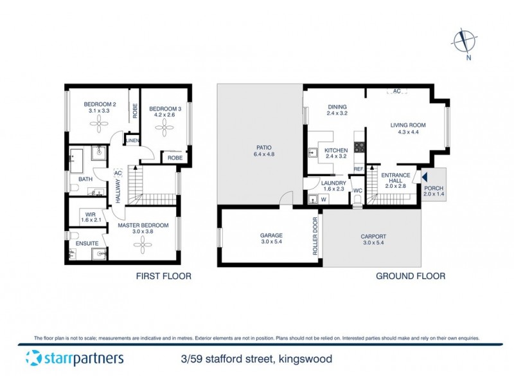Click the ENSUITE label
point(87,243)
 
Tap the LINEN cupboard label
point(132,140)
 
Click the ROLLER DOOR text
point(315,236)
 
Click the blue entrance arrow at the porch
point(423,176)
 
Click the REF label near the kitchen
point(359,170)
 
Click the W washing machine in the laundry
point(323,199)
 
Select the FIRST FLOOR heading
point(163,276)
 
